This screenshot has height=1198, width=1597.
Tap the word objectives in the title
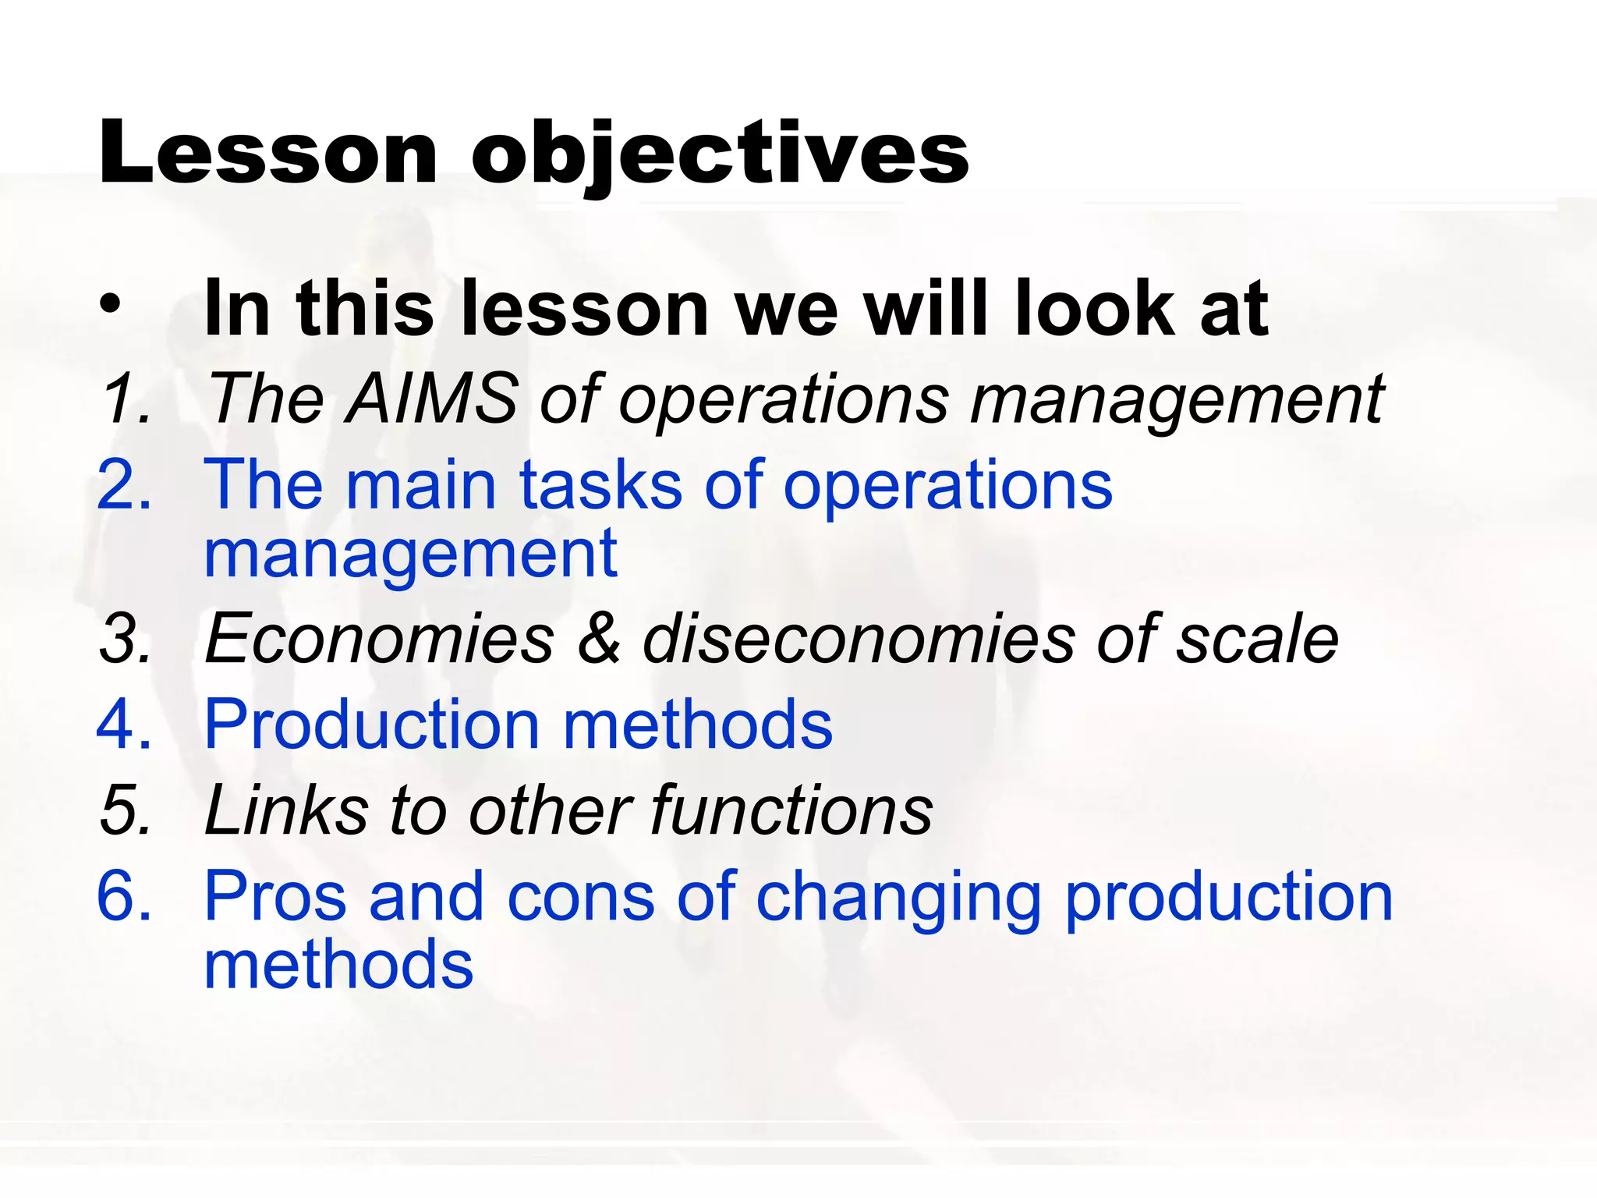pos(720,154)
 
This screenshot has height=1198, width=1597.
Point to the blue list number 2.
pos(123,485)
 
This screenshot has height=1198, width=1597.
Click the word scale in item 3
pos(1257,640)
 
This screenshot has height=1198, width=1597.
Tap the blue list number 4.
pos(123,725)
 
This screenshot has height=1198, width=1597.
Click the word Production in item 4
pos(372,725)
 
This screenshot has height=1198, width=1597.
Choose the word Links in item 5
pos(286,810)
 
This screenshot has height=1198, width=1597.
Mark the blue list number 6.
pos(123,897)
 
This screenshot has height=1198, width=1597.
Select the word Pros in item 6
pos(275,897)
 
